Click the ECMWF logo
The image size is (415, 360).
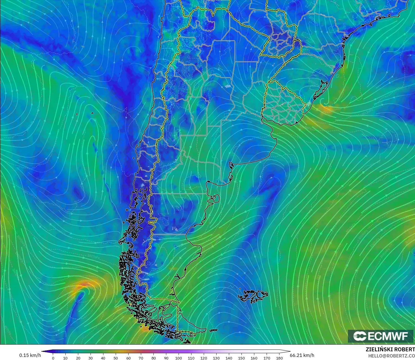point(380,336)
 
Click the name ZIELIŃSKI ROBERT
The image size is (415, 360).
point(390,349)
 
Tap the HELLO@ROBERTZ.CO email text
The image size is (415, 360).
point(391,356)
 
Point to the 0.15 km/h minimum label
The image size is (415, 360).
point(30,355)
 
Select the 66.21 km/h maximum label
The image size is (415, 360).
point(302,355)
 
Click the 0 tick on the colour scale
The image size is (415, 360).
point(53,358)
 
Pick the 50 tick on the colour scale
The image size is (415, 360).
point(116,358)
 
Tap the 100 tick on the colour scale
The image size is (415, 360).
point(179,358)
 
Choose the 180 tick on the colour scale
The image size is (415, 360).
point(279,358)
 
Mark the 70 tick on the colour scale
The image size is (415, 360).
point(141,358)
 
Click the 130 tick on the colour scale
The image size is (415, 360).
point(216,358)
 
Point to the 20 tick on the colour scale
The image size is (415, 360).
point(78,358)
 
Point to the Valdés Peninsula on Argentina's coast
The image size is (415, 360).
point(215,198)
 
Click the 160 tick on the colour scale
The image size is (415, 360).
point(254,358)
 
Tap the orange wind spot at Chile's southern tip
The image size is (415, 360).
point(146,329)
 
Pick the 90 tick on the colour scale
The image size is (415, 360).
point(166,358)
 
